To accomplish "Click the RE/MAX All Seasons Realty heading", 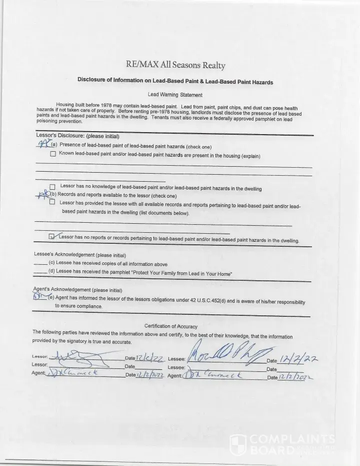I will [x=175, y=65].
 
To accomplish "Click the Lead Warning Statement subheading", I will [x=175, y=95].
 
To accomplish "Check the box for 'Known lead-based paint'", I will [x=53, y=154].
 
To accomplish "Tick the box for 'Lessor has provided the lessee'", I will [x=52, y=202].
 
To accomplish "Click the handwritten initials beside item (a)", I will [x=44, y=144].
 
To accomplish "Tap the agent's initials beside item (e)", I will [x=40, y=296].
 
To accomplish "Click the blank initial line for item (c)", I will [x=40, y=264].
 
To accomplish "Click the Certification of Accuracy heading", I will [x=171, y=326].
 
